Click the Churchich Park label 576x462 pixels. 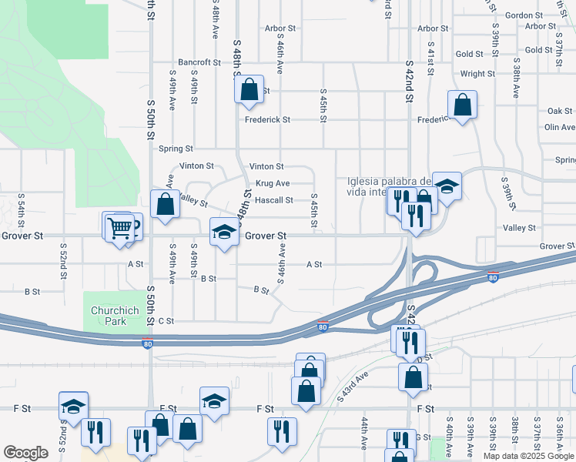(114, 316)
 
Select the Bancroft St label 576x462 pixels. (199, 62)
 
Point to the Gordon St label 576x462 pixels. (524, 15)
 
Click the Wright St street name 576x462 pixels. (477, 74)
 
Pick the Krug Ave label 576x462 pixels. (273, 183)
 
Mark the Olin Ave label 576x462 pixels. (560, 127)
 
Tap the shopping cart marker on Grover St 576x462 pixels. (119, 228)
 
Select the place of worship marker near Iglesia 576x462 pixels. (447, 186)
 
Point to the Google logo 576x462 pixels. (25, 453)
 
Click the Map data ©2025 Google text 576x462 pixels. (528, 456)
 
